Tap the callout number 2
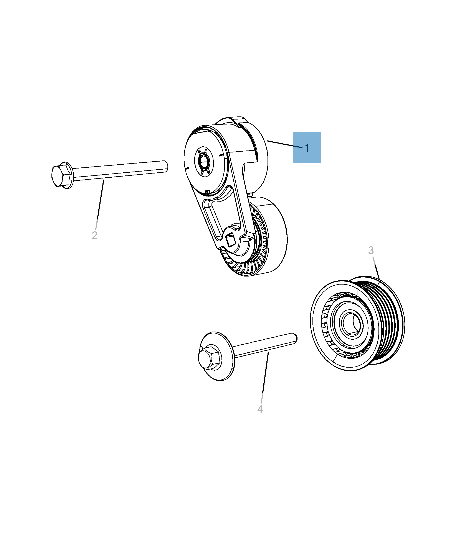point(94,235)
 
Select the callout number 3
point(371,250)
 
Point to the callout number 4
point(260,409)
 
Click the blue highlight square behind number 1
point(307,147)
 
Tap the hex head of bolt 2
point(61,175)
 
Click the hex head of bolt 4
point(209,358)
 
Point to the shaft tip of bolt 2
point(166,166)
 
